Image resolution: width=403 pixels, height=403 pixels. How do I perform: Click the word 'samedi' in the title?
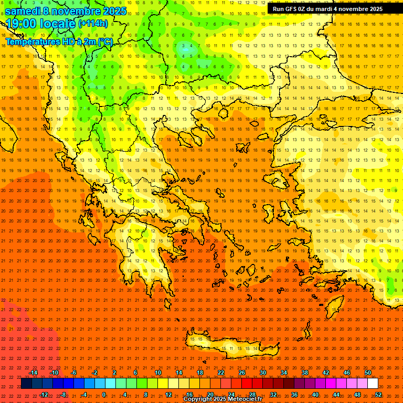pos(23,11)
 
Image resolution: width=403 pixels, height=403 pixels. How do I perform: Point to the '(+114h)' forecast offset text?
pos(93,24)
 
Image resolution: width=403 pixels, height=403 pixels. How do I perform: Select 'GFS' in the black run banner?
pos(294,9)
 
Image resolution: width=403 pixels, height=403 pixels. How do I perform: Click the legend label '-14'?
pos(33,373)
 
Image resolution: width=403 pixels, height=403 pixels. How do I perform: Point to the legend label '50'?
pos(368,373)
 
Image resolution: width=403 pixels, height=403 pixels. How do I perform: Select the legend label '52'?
pos(378,395)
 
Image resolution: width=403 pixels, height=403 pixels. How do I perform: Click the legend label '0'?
pos(104,395)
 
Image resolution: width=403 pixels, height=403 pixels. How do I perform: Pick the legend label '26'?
pos(242,373)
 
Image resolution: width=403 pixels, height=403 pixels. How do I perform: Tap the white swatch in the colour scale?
pos(373,384)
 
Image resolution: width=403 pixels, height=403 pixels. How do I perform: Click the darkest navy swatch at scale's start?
pos(26,384)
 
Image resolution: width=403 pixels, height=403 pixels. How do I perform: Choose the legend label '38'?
pos(305,373)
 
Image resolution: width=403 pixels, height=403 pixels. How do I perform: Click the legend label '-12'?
pos(44,395)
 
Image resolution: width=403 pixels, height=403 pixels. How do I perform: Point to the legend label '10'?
pos(157,373)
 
